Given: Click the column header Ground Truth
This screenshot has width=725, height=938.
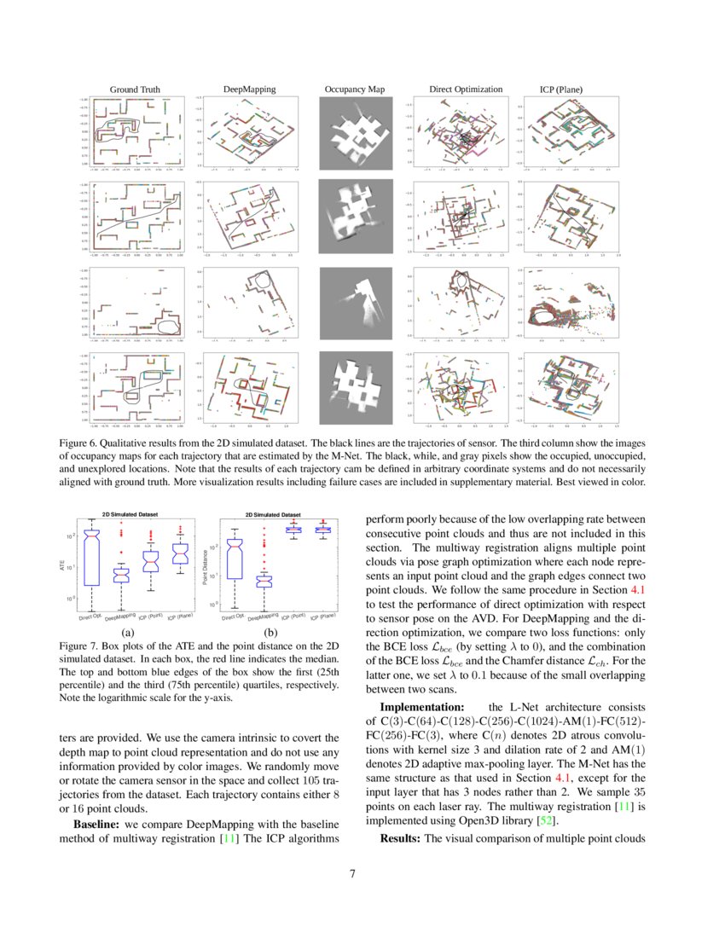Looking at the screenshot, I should pos(135,89).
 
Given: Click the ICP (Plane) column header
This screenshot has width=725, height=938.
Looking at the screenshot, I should pos(560,89).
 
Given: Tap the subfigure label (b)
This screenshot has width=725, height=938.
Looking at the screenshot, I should pos(270,633).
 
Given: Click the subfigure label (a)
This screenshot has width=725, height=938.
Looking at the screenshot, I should pos(128,633).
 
